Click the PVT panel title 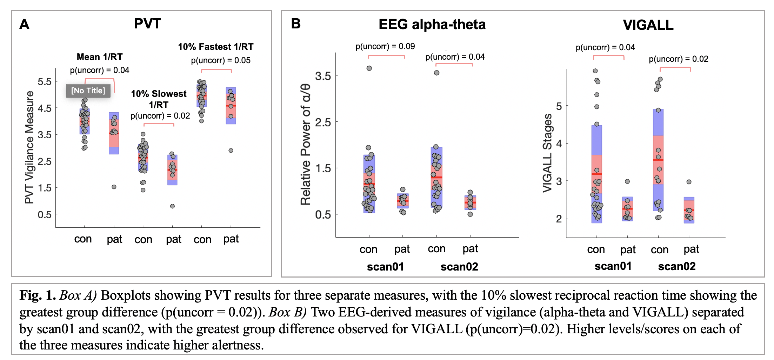[147, 24]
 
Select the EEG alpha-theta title [432, 25]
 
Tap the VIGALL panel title [648, 25]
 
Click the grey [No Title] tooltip [88, 91]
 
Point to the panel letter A [24, 24]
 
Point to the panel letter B [296, 24]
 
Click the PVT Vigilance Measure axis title [29, 147]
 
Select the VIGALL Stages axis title [547, 153]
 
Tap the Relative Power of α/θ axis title [306, 145]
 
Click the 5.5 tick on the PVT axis [45, 82]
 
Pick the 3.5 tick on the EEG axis [323, 76]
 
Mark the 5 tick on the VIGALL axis [559, 106]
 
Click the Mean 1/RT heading [100, 57]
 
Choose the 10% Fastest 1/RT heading [215, 47]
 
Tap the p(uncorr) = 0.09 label [385, 46]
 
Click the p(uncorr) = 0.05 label [221, 60]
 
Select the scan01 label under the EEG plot [385, 267]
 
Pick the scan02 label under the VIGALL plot [676, 266]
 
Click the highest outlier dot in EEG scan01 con [369, 68]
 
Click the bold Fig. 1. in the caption [38, 295]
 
